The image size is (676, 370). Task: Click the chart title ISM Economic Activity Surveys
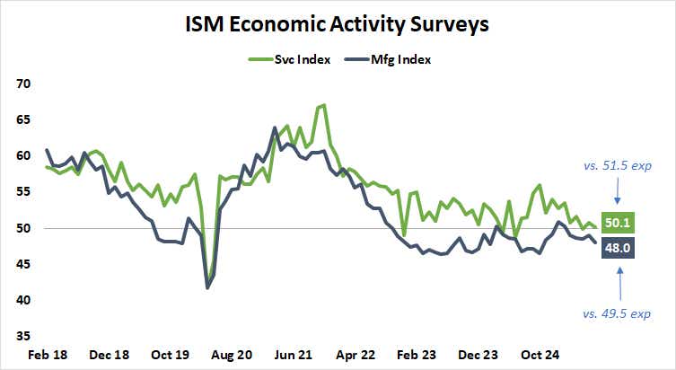[x=338, y=24]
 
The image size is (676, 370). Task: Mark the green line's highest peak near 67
[x=322, y=105]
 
